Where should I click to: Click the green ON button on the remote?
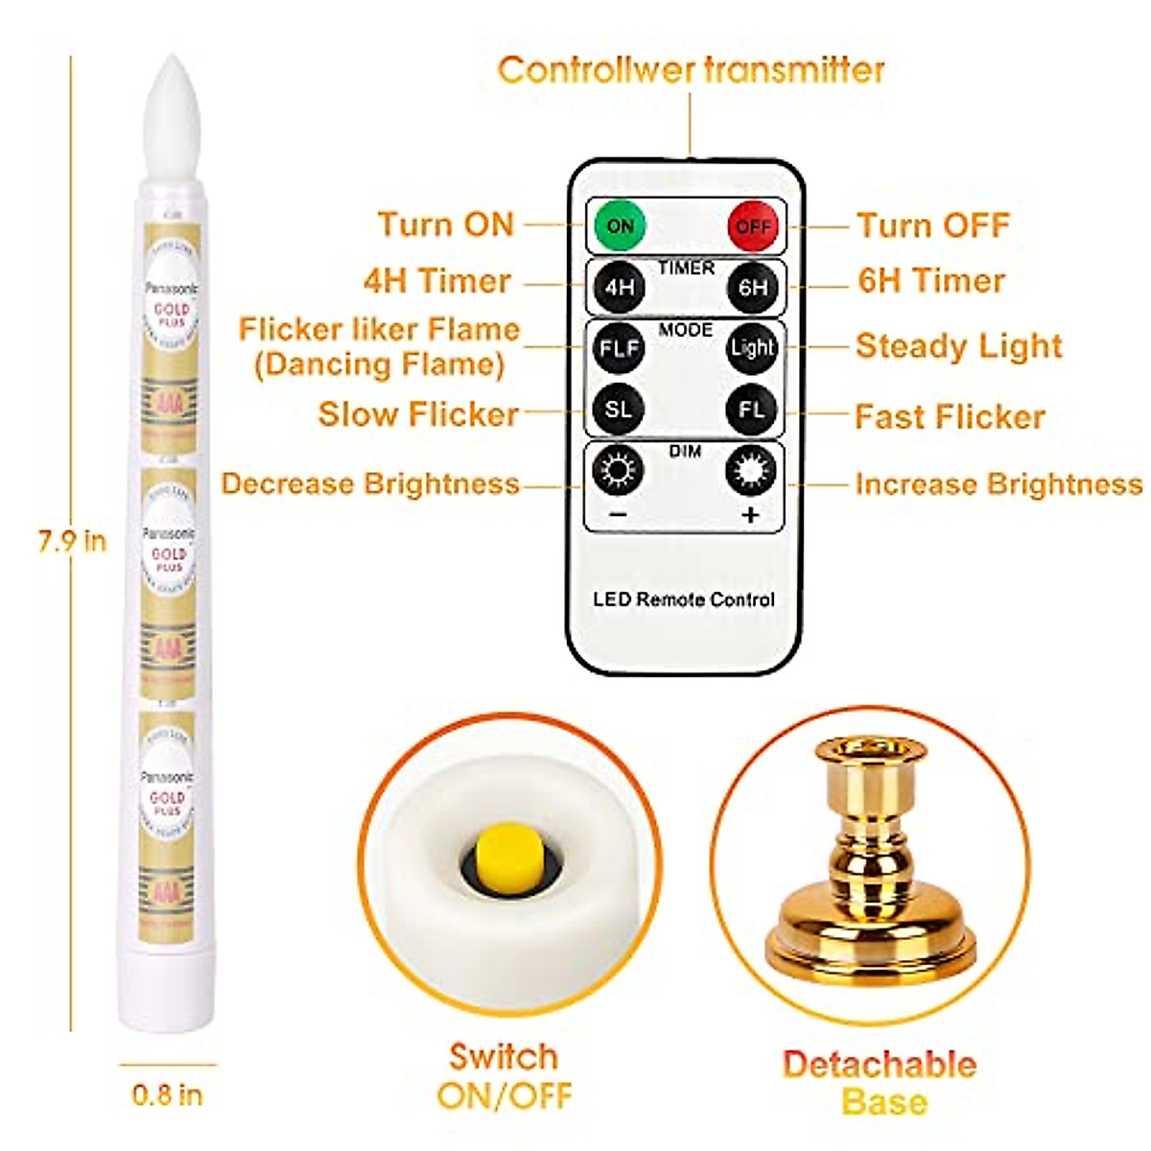click(620, 225)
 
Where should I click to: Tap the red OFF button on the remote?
click(753, 226)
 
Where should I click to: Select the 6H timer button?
click(753, 286)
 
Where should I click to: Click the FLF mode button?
click(619, 347)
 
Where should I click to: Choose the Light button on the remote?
click(752, 347)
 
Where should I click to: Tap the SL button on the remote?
click(619, 410)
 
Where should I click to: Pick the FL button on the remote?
click(752, 410)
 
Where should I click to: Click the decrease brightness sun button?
click(619, 470)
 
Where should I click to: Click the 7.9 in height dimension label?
click(72, 541)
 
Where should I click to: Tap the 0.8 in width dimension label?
click(167, 1094)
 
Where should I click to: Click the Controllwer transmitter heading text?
click(691, 70)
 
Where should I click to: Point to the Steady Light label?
click(958, 346)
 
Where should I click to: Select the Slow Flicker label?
click(418, 414)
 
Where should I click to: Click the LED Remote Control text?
click(683, 599)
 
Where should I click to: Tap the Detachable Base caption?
click(881, 1082)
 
